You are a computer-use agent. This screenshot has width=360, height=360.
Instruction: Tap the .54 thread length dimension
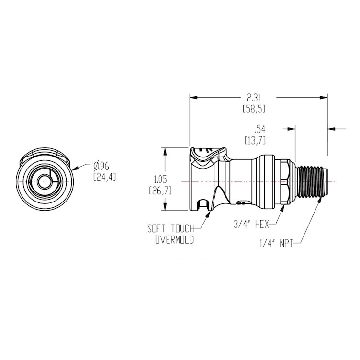pyautogui.click(x=260, y=129)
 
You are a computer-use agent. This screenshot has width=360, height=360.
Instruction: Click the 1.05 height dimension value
pyautogui.click(x=160, y=179)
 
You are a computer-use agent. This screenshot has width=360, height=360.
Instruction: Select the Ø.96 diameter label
pyautogui.click(x=102, y=166)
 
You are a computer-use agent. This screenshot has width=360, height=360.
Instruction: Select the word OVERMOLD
pyautogui.click(x=175, y=240)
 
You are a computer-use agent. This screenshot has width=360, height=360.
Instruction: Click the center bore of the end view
pyautogui.click(x=44, y=182)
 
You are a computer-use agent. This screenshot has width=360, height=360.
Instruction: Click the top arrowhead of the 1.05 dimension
pyautogui.click(x=166, y=149)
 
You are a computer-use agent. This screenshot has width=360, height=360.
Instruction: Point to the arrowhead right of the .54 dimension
pyautogui.click(x=331, y=129)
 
